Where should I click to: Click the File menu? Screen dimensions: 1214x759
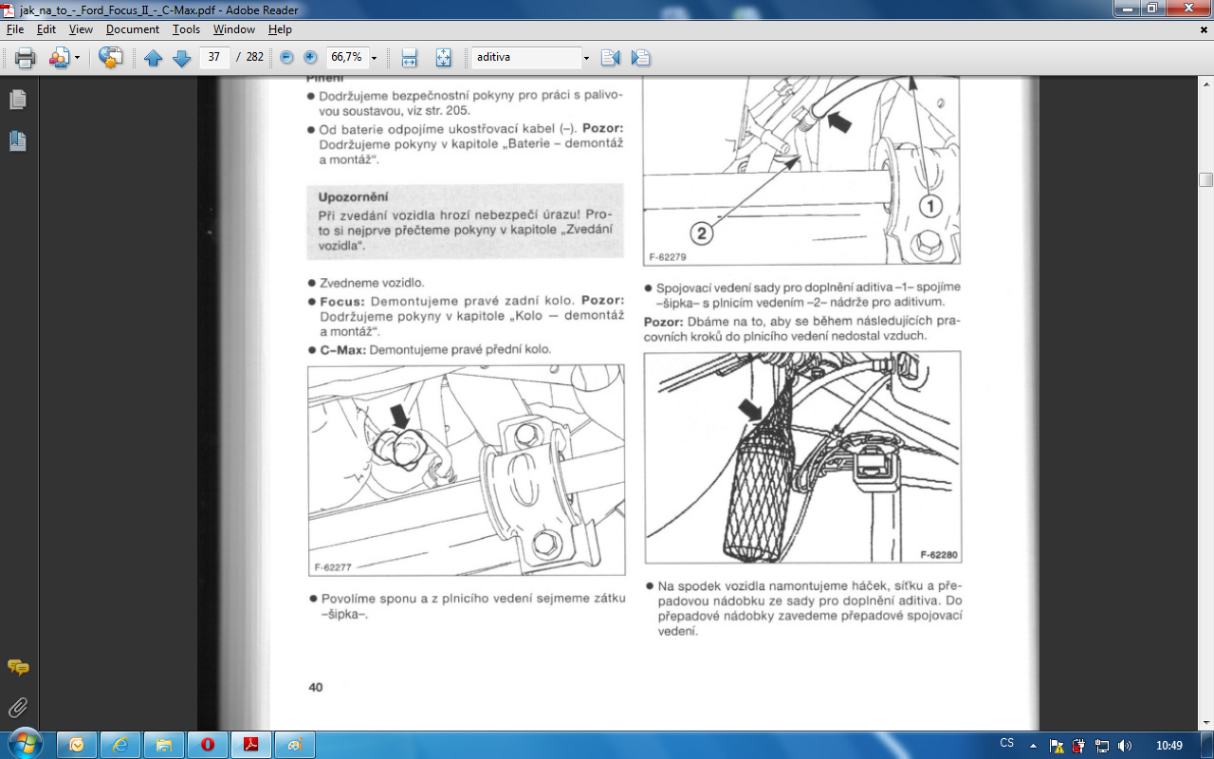pyautogui.click(x=14, y=29)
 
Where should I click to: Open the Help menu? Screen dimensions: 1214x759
pyautogui.click(x=280, y=29)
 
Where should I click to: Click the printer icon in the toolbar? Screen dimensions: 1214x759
pyautogui.click(x=25, y=58)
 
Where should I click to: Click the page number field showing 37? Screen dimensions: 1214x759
pyautogui.click(x=214, y=57)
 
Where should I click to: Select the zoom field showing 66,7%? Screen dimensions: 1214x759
pyautogui.click(x=346, y=57)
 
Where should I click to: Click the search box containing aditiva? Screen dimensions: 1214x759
pyautogui.click(x=526, y=57)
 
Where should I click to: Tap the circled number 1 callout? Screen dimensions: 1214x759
pyautogui.click(x=930, y=206)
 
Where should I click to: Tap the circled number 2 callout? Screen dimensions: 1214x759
pyautogui.click(x=701, y=233)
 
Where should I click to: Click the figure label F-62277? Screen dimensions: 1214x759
pyautogui.click(x=333, y=567)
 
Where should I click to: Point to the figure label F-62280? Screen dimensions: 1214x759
pyautogui.click(x=939, y=555)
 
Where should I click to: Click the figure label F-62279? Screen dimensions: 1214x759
pyautogui.click(x=667, y=257)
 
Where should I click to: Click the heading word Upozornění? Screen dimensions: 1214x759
pyautogui.click(x=353, y=196)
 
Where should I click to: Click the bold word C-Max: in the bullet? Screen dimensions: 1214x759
pyautogui.click(x=342, y=350)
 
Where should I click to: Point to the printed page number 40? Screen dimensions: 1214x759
pyautogui.click(x=316, y=688)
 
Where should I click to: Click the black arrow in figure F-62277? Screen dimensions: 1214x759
pyautogui.click(x=400, y=416)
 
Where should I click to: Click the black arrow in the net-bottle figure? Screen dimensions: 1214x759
pyautogui.click(x=751, y=410)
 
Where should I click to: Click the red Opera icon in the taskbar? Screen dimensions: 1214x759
pyautogui.click(x=208, y=745)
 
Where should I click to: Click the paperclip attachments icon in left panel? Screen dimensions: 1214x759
pyautogui.click(x=18, y=707)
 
